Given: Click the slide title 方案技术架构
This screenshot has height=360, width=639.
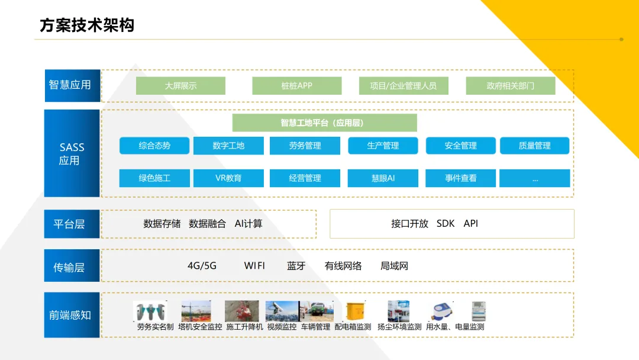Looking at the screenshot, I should pyautogui.click(x=87, y=25).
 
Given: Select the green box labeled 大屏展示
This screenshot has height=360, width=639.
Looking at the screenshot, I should pyautogui.click(x=180, y=86).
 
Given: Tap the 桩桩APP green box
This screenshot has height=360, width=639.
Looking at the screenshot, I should pyautogui.click(x=296, y=86).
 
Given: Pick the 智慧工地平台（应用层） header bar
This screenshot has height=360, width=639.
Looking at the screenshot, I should pyautogui.click(x=324, y=123).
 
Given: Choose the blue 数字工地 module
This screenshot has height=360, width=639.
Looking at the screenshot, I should pyautogui.click(x=228, y=146).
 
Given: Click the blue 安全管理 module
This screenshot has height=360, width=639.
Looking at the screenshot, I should pyautogui.click(x=460, y=146).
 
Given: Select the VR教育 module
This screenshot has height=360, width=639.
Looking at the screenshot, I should pyautogui.click(x=228, y=178).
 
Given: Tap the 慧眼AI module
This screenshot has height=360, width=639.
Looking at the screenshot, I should pyautogui.click(x=383, y=178).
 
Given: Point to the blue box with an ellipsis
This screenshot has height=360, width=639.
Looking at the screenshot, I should pyautogui.click(x=535, y=178).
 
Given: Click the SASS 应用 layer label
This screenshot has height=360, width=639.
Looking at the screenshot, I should pyautogui.click(x=72, y=153).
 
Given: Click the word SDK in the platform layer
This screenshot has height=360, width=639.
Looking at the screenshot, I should pyautogui.click(x=446, y=224).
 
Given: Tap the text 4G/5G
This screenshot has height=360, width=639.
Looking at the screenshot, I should pyautogui.click(x=202, y=266).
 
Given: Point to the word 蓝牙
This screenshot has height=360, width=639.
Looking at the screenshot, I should pyautogui.click(x=296, y=266).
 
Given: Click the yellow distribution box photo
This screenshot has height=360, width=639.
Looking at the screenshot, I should pyautogui.click(x=354, y=311).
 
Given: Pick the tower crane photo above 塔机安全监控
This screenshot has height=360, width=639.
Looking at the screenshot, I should pyautogui.click(x=196, y=311).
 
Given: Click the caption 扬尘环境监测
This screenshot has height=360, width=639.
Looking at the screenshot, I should pyautogui.click(x=399, y=327).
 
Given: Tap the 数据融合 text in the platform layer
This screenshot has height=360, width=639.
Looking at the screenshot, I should pyautogui.click(x=207, y=224).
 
